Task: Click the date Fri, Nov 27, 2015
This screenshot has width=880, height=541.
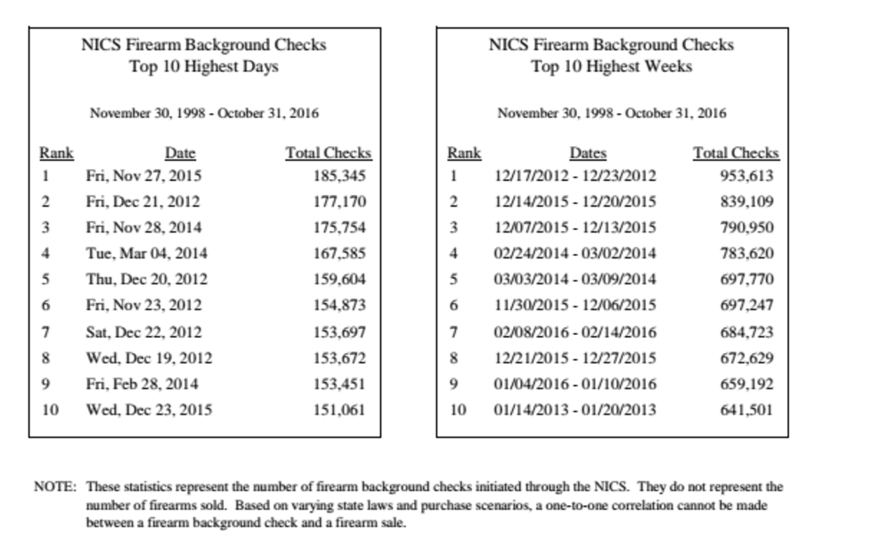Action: [143, 176]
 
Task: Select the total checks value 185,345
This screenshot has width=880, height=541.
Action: [338, 176]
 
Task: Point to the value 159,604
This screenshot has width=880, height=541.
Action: [338, 279]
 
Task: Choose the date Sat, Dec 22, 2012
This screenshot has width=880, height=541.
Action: [143, 332]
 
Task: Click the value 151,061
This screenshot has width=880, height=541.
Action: [338, 410]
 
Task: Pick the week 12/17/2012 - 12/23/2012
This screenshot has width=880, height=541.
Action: [574, 176]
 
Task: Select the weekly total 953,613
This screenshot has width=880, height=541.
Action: [746, 176]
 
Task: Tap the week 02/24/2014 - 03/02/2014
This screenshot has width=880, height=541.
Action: [574, 253]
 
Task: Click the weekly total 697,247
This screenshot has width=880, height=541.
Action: [746, 305]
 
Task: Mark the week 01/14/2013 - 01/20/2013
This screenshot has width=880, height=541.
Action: [574, 410]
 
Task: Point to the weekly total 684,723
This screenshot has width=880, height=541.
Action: [746, 332]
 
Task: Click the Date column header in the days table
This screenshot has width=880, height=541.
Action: [180, 153]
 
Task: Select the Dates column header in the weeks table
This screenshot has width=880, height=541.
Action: [587, 153]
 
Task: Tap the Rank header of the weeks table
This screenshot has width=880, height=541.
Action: [464, 153]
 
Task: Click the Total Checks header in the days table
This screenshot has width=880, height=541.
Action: [328, 153]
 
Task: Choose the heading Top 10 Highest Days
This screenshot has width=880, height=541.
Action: [204, 67]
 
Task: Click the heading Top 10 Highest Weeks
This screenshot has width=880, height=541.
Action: [611, 67]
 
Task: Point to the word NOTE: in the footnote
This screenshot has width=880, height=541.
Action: [55, 488]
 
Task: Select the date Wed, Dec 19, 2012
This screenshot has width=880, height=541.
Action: [149, 357]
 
